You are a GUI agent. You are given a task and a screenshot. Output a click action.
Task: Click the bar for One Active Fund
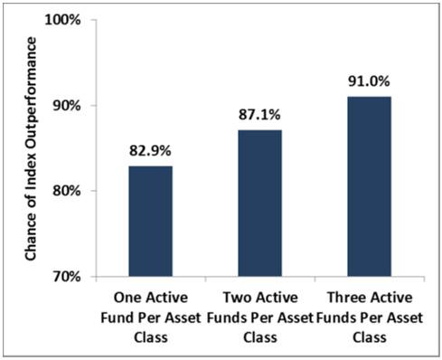(150, 221)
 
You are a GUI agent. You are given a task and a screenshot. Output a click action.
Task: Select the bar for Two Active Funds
(259, 203)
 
